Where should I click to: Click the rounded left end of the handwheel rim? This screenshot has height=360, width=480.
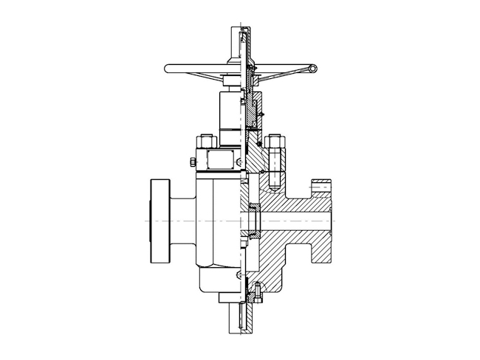[169, 69]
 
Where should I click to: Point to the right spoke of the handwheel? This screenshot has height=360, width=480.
[284, 72]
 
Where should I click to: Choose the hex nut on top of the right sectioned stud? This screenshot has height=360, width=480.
[278, 142]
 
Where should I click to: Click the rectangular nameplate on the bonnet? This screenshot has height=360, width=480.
[220, 159]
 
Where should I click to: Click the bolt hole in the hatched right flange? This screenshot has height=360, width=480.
[323, 189]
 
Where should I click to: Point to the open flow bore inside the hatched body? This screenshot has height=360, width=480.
[295, 221]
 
